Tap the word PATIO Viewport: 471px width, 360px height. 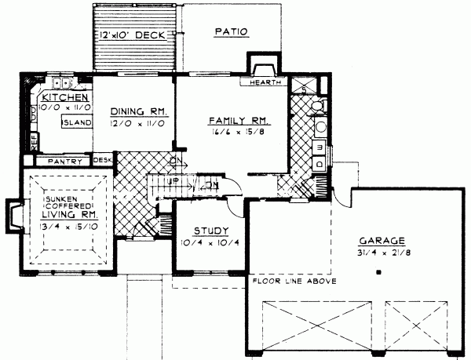click(x=231, y=32)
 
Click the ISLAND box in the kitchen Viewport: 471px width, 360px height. click(x=78, y=123)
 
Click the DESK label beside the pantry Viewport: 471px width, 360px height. click(x=102, y=160)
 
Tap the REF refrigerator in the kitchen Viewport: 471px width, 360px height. click(x=34, y=141)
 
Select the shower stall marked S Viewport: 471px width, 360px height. click(x=302, y=83)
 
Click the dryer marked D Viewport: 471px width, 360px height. click(x=319, y=162)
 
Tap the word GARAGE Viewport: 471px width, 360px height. click(x=382, y=241)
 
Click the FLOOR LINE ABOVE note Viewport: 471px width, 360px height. click(x=294, y=281)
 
